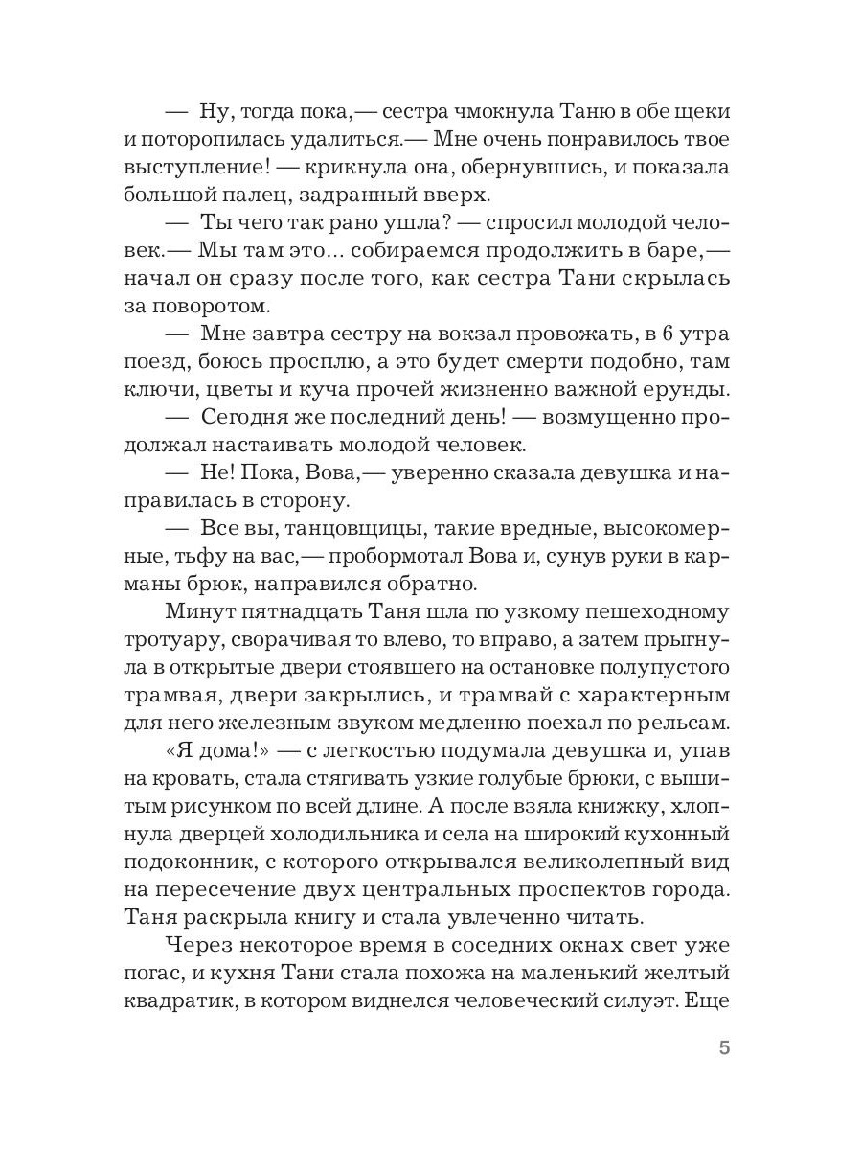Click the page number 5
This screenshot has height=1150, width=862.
[x=724, y=1047]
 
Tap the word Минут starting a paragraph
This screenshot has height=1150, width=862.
[x=200, y=611]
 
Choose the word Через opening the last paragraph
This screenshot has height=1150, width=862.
[x=202, y=945]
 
